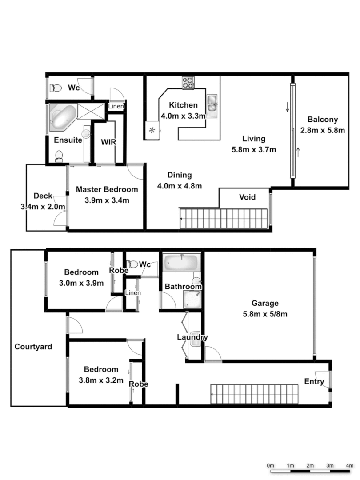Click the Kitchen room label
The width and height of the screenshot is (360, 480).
183,105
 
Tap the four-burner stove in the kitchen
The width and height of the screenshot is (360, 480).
188,83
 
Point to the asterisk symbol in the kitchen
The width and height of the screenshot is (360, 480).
152,130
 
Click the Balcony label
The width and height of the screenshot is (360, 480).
323,120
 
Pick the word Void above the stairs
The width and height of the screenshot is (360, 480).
247,197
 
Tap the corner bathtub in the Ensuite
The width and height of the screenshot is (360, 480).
62,117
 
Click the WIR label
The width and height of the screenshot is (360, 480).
108,142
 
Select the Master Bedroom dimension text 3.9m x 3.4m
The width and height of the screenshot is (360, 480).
107,200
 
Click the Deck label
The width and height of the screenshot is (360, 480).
43,196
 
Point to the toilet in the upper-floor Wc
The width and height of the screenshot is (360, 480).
56,88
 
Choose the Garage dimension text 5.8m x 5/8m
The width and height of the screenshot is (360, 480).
265,314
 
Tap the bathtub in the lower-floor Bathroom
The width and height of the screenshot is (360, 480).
181,263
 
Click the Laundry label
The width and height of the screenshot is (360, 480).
192,337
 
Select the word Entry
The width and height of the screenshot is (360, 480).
314,382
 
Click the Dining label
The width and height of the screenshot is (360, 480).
180,175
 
